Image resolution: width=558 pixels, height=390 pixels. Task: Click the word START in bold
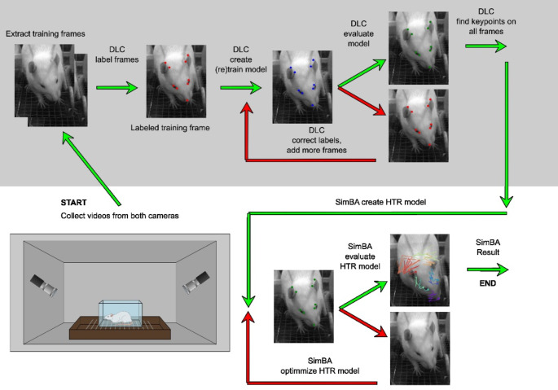[x=73, y=203]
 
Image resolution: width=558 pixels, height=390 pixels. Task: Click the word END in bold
[x=488, y=283]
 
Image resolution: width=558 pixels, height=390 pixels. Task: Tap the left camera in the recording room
[x=44, y=286]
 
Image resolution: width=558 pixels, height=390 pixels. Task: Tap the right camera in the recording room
[x=196, y=283]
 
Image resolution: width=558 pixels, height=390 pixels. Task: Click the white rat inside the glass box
[x=120, y=318]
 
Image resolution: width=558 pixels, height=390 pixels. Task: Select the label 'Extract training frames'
[x=46, y=34]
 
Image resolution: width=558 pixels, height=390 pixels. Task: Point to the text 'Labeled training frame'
[x=170, y=128]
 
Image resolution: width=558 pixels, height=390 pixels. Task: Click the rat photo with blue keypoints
[x=302, y=87]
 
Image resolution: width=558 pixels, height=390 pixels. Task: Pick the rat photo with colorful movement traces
[x=420, y=270]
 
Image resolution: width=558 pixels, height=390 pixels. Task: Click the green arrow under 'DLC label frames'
[x=116, y=88]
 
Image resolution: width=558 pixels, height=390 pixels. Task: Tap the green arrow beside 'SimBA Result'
[x=488, y=269]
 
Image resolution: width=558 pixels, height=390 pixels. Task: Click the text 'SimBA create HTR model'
[x=380, y=202]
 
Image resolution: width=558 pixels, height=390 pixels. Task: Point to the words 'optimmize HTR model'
[x=320, y=370]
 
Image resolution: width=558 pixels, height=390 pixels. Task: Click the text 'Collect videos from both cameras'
[x=120, y=216]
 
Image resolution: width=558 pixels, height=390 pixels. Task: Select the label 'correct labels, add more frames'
[x=316, y=145]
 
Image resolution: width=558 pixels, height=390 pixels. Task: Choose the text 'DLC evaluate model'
[x=358, y=33]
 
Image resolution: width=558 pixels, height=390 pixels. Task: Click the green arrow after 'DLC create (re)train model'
[x=240, y=88]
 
